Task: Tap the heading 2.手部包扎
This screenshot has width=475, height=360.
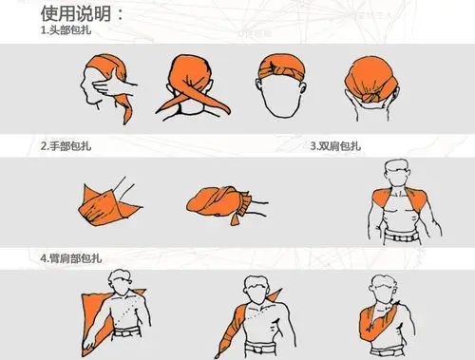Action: [66, 146]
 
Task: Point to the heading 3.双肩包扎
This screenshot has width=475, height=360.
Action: [336, 146]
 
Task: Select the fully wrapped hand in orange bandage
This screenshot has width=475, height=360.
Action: [217, 199]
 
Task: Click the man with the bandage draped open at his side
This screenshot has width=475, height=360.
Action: [118, 309]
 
